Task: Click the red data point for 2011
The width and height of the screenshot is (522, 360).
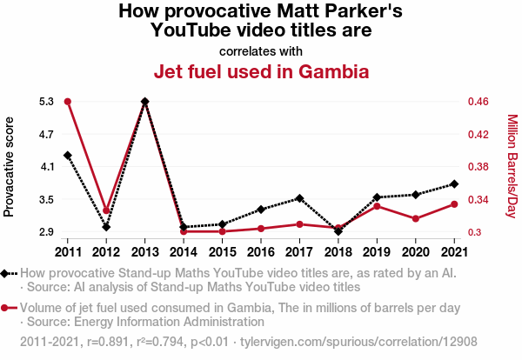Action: point(68,102)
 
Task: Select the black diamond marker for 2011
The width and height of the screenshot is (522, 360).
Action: point(68,156)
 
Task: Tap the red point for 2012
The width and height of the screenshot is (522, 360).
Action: point(106,210)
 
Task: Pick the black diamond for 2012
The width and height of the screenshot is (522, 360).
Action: point(106,227)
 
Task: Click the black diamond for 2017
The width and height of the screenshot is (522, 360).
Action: point(299,198)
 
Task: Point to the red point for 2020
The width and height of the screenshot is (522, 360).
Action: point(415,218)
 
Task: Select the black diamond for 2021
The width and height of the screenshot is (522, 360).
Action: point(453,184)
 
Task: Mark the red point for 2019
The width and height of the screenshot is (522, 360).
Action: point(377,206)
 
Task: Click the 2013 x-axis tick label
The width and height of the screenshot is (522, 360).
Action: point(144,252)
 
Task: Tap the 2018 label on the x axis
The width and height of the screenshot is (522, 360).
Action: point(338,252)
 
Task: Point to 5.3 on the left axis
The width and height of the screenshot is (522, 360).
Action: point(46,102)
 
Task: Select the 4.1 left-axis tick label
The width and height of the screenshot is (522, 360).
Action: point(46,167)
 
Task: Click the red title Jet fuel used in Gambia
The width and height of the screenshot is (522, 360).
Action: point(261,71)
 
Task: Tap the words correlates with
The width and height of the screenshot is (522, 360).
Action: point(261,50)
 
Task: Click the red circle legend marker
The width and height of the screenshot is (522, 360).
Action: point(6,307)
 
